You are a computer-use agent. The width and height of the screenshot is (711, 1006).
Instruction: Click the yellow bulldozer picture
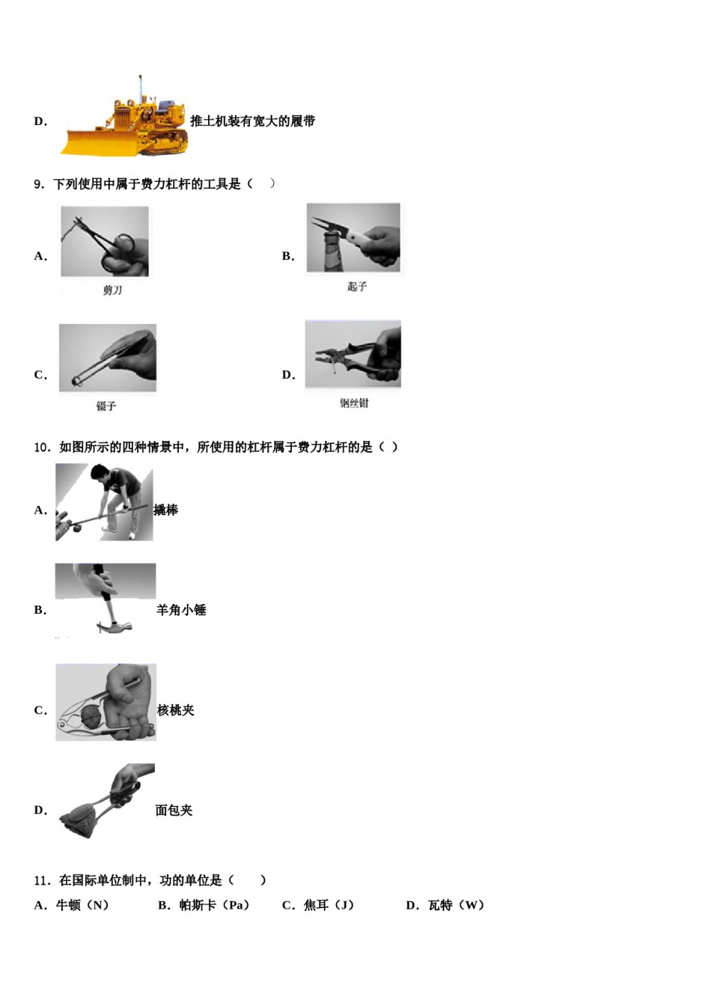click(x=127, y=120)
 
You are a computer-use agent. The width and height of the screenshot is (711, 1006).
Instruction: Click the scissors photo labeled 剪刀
click(x=105, y=241)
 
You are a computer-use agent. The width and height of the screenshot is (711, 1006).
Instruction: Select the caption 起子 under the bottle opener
click(x=357, y=287)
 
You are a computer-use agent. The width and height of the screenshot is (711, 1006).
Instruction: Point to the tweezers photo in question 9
click(x=108, y=358)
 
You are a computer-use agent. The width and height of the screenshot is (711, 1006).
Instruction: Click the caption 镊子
click(x=106, y=406)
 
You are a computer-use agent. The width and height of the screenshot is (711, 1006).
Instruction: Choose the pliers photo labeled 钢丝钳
click(x=353, y=354)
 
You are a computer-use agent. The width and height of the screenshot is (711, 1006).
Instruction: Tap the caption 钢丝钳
click(x=354, y=403)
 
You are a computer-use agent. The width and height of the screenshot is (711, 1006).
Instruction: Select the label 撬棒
click(x=166, y=510)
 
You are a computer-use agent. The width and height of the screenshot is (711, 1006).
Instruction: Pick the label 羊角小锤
click(x=181, y=610)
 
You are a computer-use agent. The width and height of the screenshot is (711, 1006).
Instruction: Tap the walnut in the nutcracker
click(x=91, y=715)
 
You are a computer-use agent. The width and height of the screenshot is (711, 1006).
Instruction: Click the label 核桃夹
click(x=176, y=710)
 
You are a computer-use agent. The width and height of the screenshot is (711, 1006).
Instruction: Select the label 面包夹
click(x=174, y=810)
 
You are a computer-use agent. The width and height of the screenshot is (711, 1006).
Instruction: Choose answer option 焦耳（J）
click(x=319, y=905)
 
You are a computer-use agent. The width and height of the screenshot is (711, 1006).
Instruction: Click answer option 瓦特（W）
click(x=446, y=905)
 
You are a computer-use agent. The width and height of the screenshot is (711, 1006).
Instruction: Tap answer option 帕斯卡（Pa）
click(x=204, y=905)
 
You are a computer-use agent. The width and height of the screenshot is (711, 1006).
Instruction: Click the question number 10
click(x=42, y=448)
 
